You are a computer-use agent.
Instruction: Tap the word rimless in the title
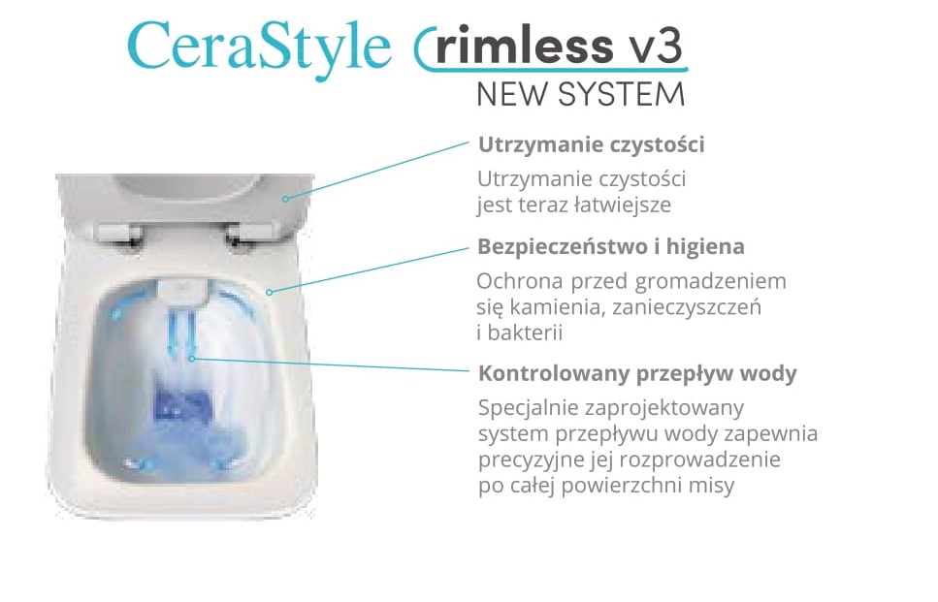coord(524,45)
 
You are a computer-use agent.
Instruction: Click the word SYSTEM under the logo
coord(621,94)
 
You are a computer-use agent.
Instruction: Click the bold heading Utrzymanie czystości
coord(591,144)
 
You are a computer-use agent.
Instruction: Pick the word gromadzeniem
coord(711,281)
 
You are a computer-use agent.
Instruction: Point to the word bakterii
coord(525,333)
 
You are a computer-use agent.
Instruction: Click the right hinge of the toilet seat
coord(248,234)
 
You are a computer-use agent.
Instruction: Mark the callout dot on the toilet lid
coord(285,199)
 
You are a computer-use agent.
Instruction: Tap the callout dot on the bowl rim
coord(270,293)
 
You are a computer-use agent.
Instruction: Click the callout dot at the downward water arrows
coord(192,359)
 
